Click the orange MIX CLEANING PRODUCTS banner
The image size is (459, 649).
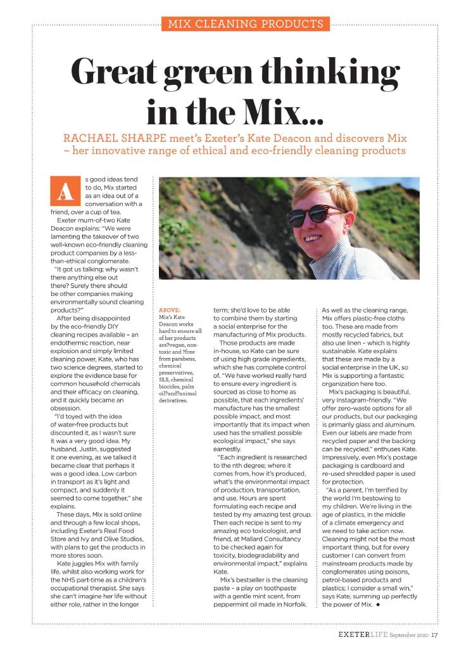pos(245,25)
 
